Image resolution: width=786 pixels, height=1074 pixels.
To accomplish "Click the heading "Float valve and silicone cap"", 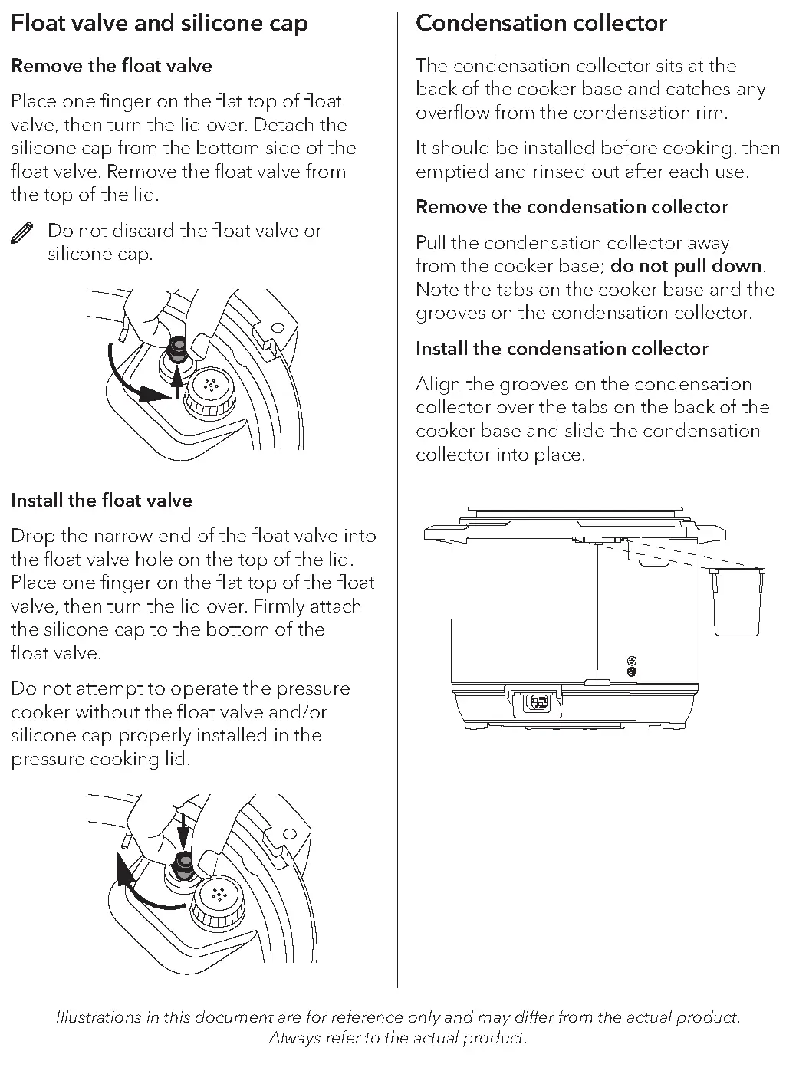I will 160,23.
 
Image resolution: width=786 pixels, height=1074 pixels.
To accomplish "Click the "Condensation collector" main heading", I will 541,23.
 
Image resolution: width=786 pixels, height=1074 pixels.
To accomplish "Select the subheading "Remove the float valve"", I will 111,66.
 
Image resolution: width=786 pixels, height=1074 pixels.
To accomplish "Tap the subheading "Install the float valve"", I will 101,501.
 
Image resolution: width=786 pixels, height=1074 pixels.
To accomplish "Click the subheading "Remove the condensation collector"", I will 571,207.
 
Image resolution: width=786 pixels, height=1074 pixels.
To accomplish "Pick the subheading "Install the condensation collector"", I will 561,349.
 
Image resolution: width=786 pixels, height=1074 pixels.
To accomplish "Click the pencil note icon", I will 22,233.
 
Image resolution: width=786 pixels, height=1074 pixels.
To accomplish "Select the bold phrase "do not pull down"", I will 686,267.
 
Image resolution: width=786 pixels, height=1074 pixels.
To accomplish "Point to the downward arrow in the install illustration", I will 183,831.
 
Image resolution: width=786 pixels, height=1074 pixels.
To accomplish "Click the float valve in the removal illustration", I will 177,351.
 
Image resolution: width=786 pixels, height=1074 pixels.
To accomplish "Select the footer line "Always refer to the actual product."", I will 397,1038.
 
